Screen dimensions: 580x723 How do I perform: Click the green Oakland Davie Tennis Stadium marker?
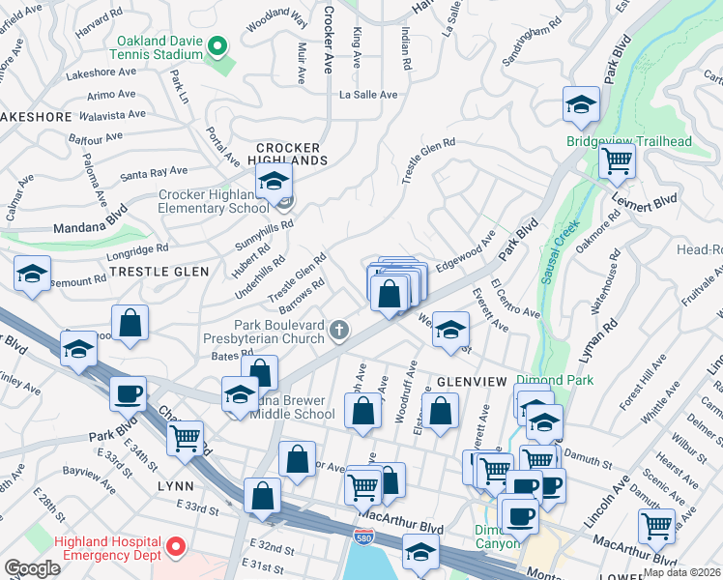[x=217, y=45]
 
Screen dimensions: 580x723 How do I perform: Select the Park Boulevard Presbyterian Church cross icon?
[x=338, y=332]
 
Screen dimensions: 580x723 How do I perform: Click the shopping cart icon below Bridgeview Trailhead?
[x=617, y=159]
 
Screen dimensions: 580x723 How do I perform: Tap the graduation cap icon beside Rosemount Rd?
[x=32, y=273]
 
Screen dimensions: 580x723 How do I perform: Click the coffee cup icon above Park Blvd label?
[x=128, y=393]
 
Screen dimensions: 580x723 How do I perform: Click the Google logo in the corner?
[x=32, y=567]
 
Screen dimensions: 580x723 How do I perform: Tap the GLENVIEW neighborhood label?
[x=472, y=382]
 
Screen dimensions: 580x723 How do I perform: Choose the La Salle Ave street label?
[x=368, y=95]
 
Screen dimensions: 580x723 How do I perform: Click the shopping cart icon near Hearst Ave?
[x=656, y=526]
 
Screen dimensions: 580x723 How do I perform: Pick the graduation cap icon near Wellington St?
[x=449, y=330]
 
